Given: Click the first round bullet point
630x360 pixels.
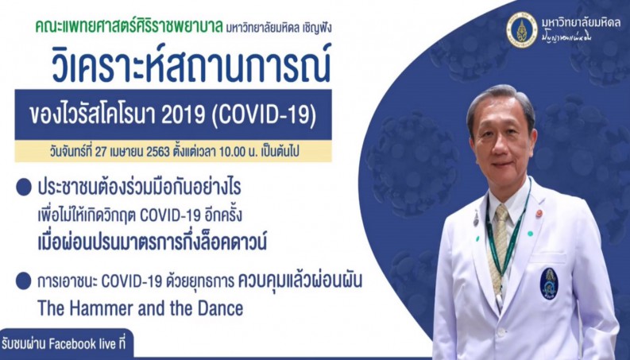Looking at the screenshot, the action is (x=24, y=188).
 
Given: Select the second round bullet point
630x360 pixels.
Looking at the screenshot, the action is (x=24, y=281).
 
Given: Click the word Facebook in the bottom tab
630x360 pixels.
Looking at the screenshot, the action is (x=72, y=344).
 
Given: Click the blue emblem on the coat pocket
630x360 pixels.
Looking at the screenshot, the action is (x=548, y=284).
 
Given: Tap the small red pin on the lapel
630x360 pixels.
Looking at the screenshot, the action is (x=539, y=213).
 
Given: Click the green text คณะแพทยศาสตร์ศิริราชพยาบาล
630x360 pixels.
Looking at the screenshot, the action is (x=129, y=27).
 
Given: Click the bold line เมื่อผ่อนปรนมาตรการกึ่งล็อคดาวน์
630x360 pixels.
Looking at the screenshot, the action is (x=153, y=242).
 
